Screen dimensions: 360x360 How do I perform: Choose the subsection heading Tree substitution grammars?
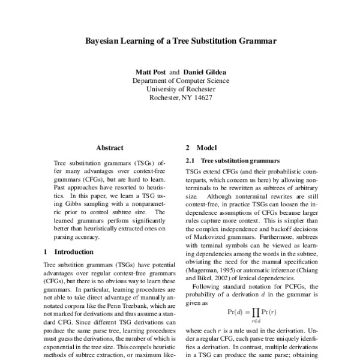pos(239,161)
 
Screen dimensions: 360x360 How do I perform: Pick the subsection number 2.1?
pos(190,161)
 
